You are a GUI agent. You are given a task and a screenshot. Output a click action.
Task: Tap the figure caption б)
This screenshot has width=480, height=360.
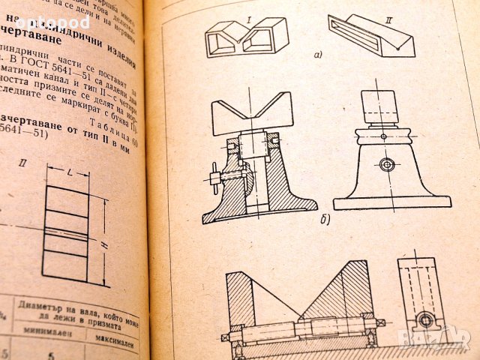(324, 220)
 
